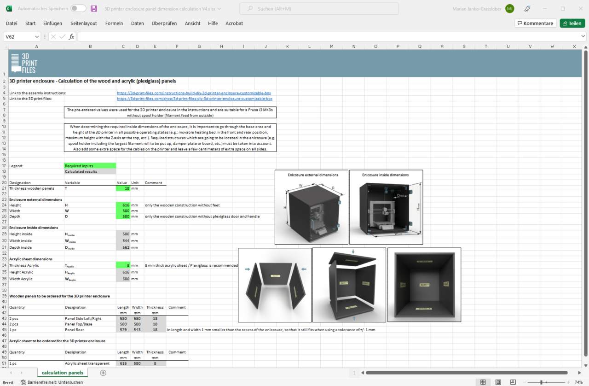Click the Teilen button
pos(572,23)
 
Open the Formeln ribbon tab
pos(114,23)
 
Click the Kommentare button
pos(535,23)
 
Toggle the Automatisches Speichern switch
pos(78,9)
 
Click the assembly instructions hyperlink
pos(194,93)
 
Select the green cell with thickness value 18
pos(123,188)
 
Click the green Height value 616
pos(123,205)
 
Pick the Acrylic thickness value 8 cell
pos(123,265)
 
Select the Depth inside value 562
pos(123,247)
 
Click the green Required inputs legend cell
pos(90,166)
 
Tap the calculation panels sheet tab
pos(63,373)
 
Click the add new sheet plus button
pos(103,373)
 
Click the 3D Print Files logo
pos(24,63)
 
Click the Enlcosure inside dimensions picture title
pos(385,175)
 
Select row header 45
pos(4,330)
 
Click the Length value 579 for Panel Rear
pos(123,330)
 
